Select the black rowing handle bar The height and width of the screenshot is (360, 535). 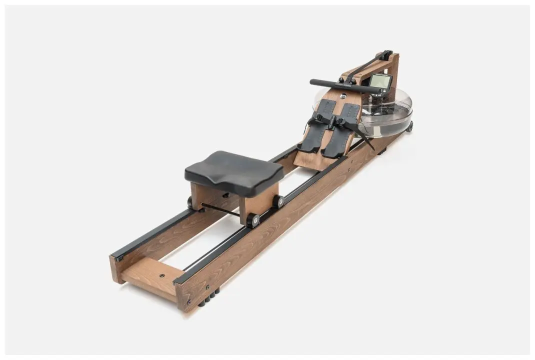[345, 86]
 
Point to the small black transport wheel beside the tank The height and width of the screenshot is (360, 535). [410, 126]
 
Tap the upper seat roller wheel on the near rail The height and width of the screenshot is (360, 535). [278, 201]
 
